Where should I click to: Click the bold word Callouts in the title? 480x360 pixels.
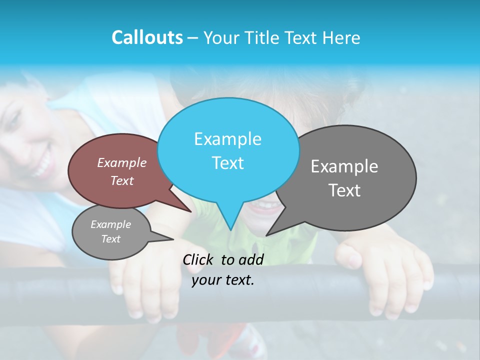[x=147, y=37]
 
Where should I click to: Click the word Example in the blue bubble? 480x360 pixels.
[x=227, y=139]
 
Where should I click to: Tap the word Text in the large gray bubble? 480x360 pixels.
[x=344, y=190]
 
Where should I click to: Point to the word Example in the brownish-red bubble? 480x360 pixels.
[x=122, y=162]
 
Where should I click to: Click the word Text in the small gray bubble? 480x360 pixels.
[x=111, y=239]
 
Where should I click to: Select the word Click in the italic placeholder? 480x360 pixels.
[x=198, y=259]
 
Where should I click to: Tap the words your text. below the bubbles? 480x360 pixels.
[x=223, y=280]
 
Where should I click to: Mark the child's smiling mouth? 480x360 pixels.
[x=264, y=206]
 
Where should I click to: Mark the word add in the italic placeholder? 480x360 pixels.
[x=251, y=259]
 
